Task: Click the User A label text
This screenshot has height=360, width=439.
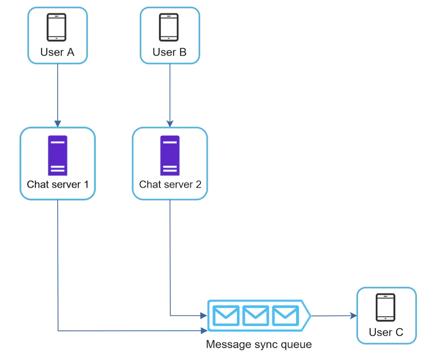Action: (x=57, y=52)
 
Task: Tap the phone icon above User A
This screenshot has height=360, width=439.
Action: (x=56, y=27)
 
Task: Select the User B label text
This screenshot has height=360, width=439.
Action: (x=169, y=52)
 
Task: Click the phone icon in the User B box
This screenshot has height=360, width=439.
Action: (x=169, y=27)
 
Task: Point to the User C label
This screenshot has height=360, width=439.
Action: (x=386, y=332)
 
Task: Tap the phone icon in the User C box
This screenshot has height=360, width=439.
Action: (x=385, y=307)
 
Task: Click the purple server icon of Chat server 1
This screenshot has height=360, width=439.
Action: (x=57, y=155)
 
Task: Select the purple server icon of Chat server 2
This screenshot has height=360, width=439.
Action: (x=170, y=155)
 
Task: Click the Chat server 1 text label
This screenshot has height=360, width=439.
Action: (x=57, y=185)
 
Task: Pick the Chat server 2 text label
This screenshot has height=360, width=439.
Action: (x=170, y=185)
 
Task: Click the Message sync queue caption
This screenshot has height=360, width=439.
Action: (x=259, y=344)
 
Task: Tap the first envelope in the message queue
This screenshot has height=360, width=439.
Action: (x=226, y=316)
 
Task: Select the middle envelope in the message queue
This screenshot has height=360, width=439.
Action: (x=256, y=316)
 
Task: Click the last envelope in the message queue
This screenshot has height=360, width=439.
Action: (x=285, y=316)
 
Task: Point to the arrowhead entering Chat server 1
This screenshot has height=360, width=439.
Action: (x=57, y=124)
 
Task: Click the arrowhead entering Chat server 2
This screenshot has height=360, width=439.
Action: (x=170, y=124)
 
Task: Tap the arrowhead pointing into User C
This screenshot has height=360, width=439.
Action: (x=354, y=316)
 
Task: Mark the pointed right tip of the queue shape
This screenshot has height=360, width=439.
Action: (x=310, y=316)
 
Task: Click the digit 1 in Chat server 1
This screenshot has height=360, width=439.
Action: (x=86, y=185)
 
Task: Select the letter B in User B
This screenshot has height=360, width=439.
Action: (x=183, y=52)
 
